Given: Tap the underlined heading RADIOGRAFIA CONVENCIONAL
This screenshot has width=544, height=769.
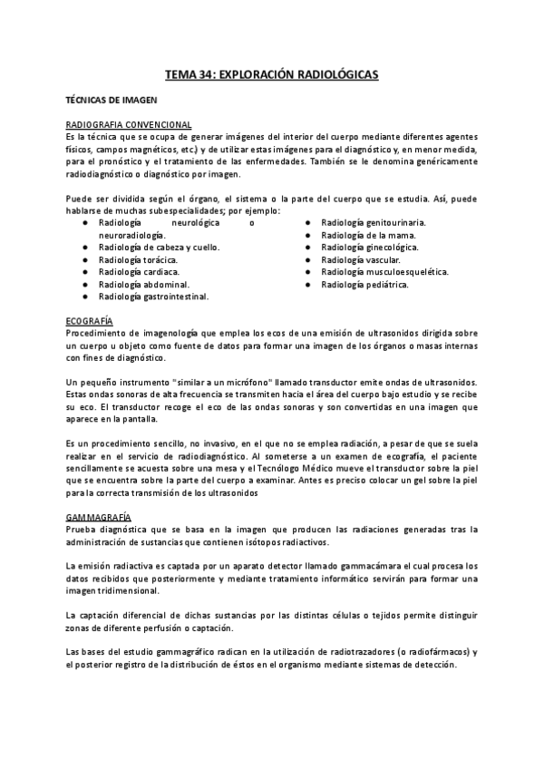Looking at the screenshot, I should click(128, 124).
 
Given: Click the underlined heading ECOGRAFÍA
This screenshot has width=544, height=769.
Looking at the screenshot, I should click(90, 321).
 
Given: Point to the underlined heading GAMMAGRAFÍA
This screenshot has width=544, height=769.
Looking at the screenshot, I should click(99, 516).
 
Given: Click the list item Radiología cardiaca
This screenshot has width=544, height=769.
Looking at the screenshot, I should click(139, 271).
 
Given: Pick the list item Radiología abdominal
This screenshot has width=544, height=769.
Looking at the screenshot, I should click(143, 284).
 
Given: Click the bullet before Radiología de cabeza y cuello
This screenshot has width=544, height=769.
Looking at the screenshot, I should click(84, 247).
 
